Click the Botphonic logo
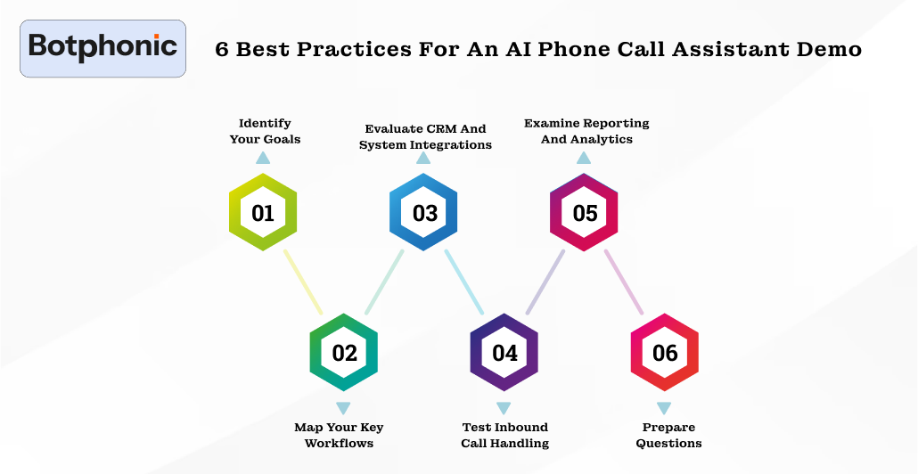pos(102,48)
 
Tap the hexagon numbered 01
pos(263,213)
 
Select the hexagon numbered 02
pos(344,352)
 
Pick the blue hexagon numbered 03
pos(424,213)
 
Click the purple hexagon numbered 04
pos(504,352)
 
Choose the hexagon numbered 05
pos(585,213)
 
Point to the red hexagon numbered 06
pos(665,352)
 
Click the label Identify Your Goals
pos(265,131)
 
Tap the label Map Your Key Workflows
pos(339,435)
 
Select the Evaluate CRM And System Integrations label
pos(425,136)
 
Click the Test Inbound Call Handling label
pos(504,435)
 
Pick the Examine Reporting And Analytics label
pos(586,131)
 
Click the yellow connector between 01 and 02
pos(303,282)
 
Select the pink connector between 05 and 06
pos(624,282)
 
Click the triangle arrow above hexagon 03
pos(423,158)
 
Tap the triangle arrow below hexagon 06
pos(664,408)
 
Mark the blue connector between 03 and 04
pos(464,282)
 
